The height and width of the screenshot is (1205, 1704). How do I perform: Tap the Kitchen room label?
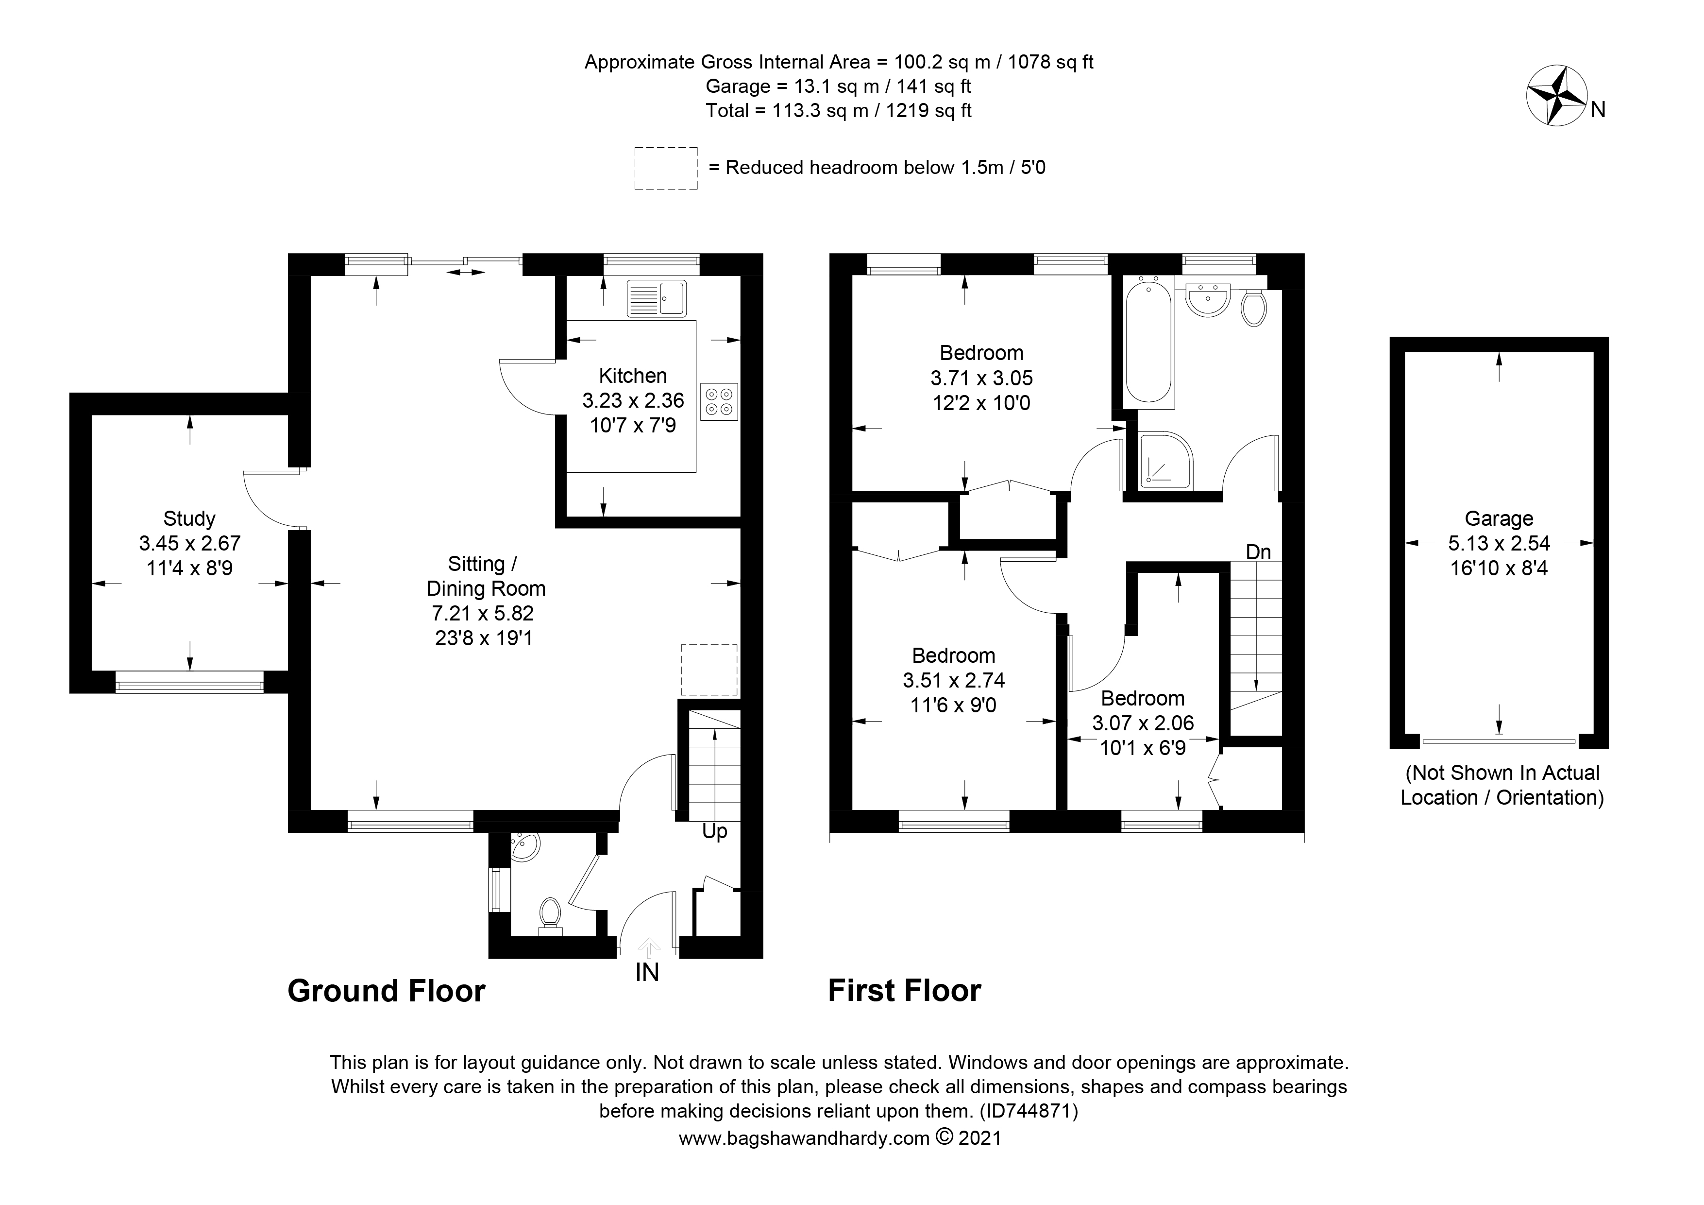point(632,376)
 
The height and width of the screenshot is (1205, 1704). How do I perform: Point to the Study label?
point(189,518)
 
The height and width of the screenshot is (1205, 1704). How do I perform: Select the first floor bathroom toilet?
point(1253,308)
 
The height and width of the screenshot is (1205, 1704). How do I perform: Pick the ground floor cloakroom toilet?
point(550,912)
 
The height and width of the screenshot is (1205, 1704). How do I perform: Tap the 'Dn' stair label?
point(1258,551)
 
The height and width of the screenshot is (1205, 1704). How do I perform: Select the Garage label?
point(1499,518)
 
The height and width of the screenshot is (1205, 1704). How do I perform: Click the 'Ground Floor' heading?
point(386,991)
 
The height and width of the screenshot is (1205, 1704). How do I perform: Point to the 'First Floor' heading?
point(904,991)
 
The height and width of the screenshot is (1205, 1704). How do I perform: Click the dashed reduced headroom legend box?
point(666,168)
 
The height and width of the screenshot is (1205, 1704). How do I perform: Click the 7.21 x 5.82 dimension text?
point(483,613)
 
